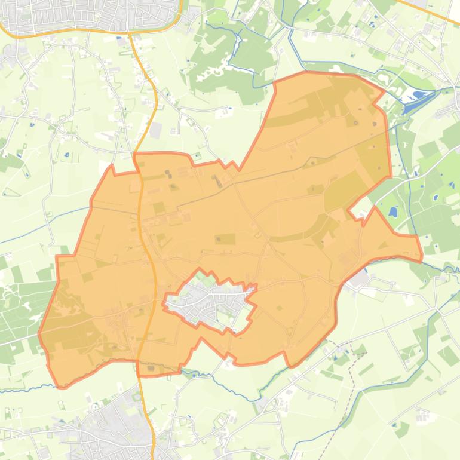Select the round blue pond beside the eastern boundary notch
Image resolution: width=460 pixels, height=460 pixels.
[392, 212]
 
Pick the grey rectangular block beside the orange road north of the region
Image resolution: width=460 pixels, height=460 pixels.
[157, 130]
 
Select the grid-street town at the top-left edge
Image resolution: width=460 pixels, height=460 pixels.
[90, 15]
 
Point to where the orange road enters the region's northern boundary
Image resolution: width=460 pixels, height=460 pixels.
[136, 154]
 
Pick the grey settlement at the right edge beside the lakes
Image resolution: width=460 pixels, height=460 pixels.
[451, 108]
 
